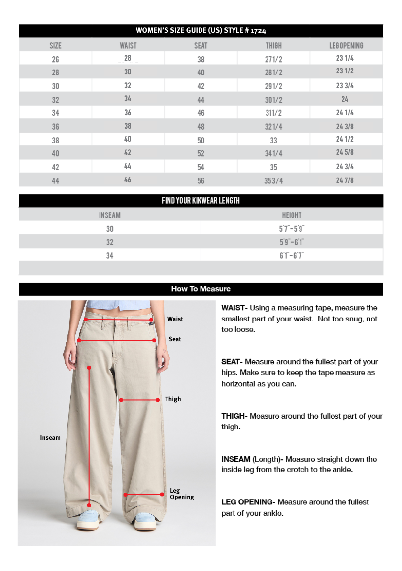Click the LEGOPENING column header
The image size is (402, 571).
click(x=346, y=46)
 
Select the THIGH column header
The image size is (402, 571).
click(x=273, y=46)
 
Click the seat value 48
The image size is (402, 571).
click(x=201, y=127)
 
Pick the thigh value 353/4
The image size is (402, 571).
click(x=273, y=180)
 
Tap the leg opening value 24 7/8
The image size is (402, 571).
click(x=345, y=180)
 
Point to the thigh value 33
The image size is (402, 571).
click(x=273, y=140)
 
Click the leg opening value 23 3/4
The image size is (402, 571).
click(x=345, y=85)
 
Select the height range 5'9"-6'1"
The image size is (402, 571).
click(x=292, y=242)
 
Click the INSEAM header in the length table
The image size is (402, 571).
click(x=109, y=215)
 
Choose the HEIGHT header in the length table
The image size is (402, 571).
click(x=292, y=215)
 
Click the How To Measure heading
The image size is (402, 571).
click(x=201, y=289)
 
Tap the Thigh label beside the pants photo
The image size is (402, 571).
click(x=173, y=399)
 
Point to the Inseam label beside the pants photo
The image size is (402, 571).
click(x=50, y=438)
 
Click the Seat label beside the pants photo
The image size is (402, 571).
click(x=175, y=339)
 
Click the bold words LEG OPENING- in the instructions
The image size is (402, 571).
click(x=248, y=502)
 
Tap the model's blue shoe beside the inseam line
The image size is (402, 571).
click(x=89, y=519)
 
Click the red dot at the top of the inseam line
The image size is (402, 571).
click(x=89, y=367)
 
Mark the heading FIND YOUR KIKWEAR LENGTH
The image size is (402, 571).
click(x=201, y=201)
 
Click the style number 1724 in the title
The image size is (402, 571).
click(x=258, y=31)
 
